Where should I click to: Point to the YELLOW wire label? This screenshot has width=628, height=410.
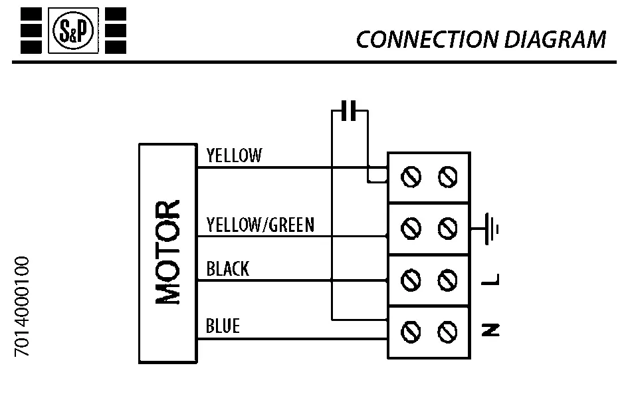pyautogui.click(x=234, y=156)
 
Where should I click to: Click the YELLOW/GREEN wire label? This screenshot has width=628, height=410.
pyautogui.click(x=260, y=225)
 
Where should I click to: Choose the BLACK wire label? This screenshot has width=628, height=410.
pyautogui.click(x=227, y=269)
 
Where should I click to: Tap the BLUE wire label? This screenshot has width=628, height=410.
pyautogui.click(x=223, y=326)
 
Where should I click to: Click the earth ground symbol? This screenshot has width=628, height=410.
pyautogui.click(x=490, y=228)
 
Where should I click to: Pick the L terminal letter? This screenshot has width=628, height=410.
pyautogui.click(x=492, y=280)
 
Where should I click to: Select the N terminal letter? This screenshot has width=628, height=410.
pyautogui.click(x=492, y=330)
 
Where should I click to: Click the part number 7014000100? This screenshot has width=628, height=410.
pyautogui.click(x=23, y=306)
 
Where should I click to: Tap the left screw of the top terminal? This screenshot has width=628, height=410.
pyautogui.click(x=412, y=177)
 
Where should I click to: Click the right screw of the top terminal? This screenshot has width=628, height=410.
pyautogui.click(x=447, y=177)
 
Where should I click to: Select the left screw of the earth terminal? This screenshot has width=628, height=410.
pyautogui.click(x=412, y=229)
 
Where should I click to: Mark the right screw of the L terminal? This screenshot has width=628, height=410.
pyautogui.click(x=447, y=280)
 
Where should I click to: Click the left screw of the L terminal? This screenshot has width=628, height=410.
pyautogui.click(x=412, y=280)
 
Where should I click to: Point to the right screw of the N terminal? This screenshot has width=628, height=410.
pyautogui.click(x=447, y=330)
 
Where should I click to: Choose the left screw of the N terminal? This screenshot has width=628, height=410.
pyautogui.click(x=412, y=330)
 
